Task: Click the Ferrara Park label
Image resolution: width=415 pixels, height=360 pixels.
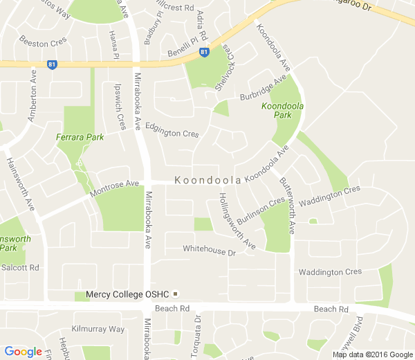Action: point(80,137)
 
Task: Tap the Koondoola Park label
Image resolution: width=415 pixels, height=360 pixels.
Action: point(283,111)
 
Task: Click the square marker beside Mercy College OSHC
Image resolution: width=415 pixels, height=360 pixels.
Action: point(176,294)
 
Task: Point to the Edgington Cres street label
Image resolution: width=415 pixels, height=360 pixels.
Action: point(172,132)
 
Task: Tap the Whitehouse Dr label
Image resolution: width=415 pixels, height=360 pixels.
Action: point(210,251)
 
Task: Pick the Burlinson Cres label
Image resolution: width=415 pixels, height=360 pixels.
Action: point(261,212)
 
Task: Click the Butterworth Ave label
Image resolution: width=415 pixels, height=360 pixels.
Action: point(288,205)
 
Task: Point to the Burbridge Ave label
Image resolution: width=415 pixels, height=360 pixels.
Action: point(263,90)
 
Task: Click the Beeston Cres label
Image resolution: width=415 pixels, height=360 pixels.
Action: point(44,43)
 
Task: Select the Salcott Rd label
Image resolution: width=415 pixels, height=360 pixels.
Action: point(21,267)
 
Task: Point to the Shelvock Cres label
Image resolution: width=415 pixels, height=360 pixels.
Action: point(225,69)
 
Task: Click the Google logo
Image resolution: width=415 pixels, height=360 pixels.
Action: point(24,352)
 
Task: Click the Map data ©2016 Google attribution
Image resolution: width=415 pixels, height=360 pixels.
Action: point(371,354)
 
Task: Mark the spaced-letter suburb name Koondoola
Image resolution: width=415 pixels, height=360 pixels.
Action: point(207,180)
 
